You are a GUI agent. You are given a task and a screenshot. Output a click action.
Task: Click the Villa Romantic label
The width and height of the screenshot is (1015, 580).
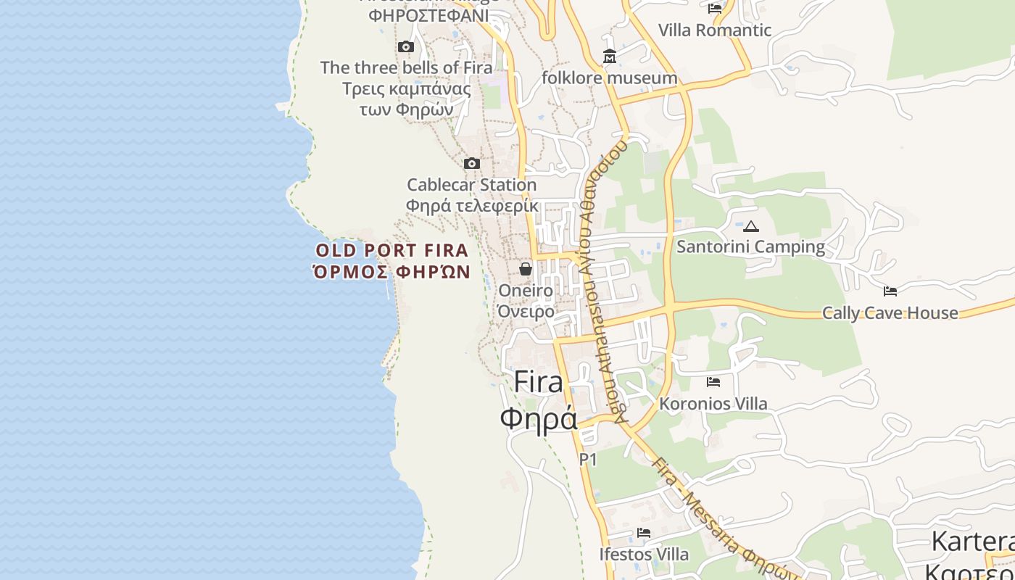(714, 30)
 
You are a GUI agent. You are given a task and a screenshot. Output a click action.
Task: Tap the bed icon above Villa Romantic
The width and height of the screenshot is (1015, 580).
(715, 9)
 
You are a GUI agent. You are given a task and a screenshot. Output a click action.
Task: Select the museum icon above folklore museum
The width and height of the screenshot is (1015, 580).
(609, 56)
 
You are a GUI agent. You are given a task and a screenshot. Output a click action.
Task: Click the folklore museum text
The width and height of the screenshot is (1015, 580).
(609, 78)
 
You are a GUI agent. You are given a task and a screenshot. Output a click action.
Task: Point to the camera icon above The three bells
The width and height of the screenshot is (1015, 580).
(406, 47)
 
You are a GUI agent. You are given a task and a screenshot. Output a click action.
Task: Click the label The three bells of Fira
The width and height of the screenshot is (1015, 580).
(406, 67)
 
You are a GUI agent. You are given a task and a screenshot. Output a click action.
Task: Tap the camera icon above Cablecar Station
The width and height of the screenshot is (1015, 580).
(472, 163)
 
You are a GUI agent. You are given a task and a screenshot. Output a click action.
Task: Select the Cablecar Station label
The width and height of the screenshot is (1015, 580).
(471, 185)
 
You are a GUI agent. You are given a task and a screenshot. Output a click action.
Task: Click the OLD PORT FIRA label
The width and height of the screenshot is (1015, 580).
(392, 251)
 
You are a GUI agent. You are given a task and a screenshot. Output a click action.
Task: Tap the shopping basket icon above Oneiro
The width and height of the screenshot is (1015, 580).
(526, 269)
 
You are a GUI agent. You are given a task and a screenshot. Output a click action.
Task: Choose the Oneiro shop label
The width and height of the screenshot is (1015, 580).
(526, 291)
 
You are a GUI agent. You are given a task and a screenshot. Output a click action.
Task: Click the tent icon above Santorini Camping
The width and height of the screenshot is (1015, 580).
(751, 226)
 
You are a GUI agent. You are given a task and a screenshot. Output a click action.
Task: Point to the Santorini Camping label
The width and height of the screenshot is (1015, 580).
(750, 247)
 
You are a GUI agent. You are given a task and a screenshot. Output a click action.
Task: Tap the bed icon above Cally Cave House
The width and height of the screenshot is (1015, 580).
(890, 291)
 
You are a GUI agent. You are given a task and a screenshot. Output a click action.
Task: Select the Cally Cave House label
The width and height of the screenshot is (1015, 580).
(890, 313)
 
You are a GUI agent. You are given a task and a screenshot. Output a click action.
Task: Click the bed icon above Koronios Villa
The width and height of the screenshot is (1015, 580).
(713, 381)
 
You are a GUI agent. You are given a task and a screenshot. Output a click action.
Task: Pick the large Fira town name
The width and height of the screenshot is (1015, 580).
(538, 382)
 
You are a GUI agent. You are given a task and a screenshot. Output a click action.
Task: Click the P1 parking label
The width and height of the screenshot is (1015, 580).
(587, 459)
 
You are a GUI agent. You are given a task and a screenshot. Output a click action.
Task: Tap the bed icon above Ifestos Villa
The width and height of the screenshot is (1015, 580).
(644, 533)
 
